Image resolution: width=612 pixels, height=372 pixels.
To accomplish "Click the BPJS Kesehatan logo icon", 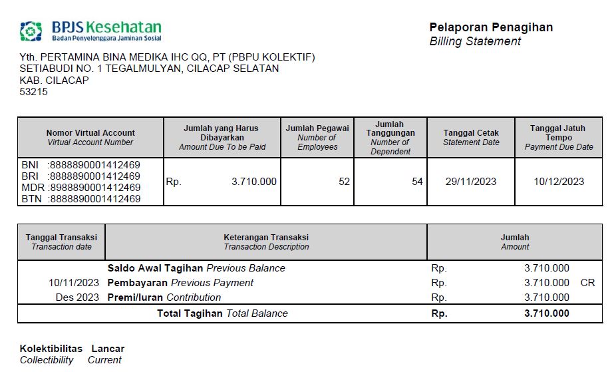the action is pyautogui.click(x=31, y=31).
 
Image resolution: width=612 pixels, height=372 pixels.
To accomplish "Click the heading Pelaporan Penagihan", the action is pyautogui.click(x=491, y=27).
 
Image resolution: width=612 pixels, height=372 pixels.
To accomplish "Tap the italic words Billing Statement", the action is pyautogui.click(x=475, y=41).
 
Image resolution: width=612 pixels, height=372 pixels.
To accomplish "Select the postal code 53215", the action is pyautogui.click(x=34, y=92).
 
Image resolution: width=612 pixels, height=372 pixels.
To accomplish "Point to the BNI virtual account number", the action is pyautogui.click(x=95, y=164).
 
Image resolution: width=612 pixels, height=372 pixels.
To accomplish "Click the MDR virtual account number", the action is pyautogui.click(x=95, y=187).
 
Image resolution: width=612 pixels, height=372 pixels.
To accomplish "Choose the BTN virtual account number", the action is pyautogui.click(x=95, y=198).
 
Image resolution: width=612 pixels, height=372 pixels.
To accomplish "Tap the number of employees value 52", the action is pyautogui.click(x=344, y=181).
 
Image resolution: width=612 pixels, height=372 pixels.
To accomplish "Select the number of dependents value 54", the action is pyautogui.click(x=417, y=181).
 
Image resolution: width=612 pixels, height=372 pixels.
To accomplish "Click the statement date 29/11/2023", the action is pyautogui.click(x=470, y=181).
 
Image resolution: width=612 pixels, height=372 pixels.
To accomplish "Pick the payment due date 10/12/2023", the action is pyautogui.click(x=559, y=181).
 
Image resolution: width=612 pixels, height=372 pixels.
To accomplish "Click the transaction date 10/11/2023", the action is pyautogui.click(x=74, y=283).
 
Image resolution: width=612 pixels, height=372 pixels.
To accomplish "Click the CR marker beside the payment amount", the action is pyautogui.click(x=587, y=283).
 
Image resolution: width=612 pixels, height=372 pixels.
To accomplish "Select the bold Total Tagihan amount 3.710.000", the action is pyautogui.click(x=546, y=313).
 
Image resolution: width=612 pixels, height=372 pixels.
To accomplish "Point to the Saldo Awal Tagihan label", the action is pyautogui.click(x=155, y=268).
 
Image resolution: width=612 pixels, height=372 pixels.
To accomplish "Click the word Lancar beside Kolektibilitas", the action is pyautogui.click(x=108, y=349).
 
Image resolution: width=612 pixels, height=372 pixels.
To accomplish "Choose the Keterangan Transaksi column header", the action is pyautogui.click(x=266, y=237).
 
